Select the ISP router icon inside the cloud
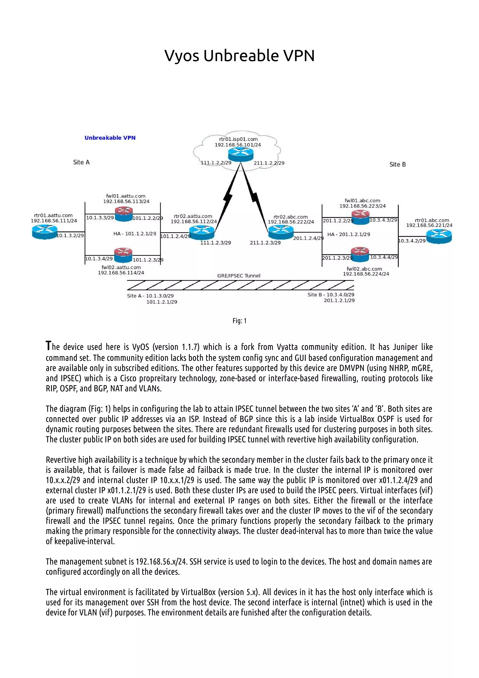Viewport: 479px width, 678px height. tap(240, 154)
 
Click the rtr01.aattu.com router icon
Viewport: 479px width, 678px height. tap(45, 232)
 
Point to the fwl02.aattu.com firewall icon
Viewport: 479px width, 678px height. tap(123, 255)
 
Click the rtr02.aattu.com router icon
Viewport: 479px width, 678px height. tap(202, 232)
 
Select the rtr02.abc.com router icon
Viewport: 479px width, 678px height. tap(281, 232)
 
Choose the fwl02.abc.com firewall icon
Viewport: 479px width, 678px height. tap(360, 255)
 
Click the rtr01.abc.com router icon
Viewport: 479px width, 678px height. tap(439, 237)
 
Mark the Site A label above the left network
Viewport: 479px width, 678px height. tap(81, 162)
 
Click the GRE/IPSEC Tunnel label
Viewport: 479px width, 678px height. tap(239, 276)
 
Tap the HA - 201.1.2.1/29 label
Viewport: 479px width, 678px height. tap(348, 234)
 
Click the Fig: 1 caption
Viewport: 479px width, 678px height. tap(239, 321)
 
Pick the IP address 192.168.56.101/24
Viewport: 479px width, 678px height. tap(238, 145)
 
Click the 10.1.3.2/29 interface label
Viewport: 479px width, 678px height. tap(70, 235)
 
